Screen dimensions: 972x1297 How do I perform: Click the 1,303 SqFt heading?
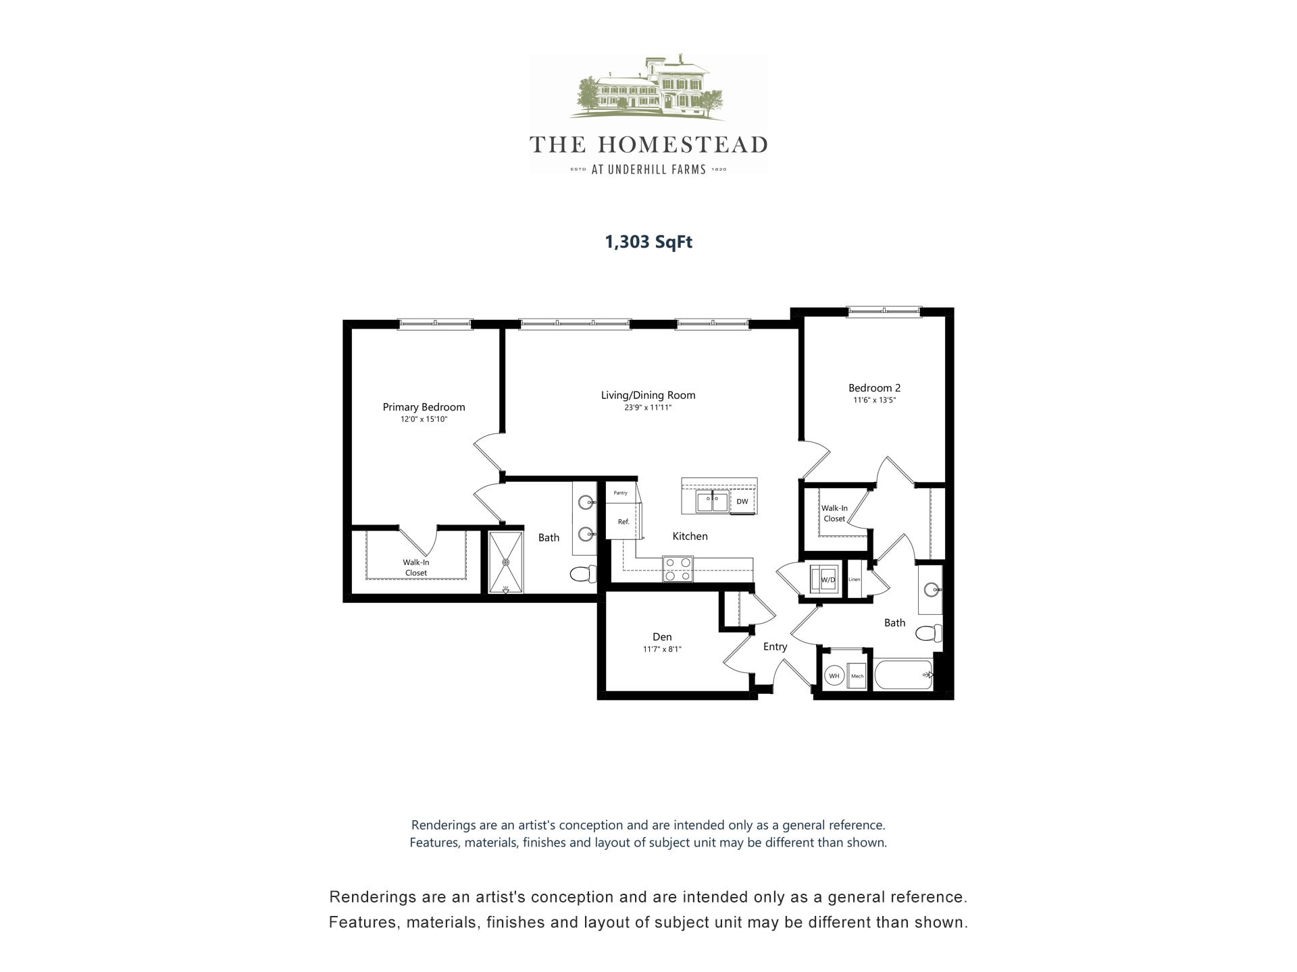pos(648,242)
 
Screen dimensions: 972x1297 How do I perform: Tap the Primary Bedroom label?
pos(424,407)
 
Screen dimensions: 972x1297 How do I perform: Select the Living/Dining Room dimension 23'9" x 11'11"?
pos(648,408)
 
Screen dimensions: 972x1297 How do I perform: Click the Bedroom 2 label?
pos(874,388)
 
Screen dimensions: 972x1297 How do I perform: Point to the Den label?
pos(662,637)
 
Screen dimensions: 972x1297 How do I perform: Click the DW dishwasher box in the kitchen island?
pos(742,502)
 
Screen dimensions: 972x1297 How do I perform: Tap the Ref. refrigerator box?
pos(624,522)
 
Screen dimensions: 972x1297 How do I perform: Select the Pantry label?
pos(620,493)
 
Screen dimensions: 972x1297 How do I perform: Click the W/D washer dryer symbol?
pos(828,579)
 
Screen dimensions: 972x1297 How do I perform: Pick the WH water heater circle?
pos(834,676)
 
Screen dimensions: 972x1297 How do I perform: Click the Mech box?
pos(857,676)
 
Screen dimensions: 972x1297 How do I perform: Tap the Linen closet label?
pos(855,579)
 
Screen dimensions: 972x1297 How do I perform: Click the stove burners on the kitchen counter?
pos(678,568)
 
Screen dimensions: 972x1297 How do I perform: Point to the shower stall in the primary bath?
pos(505,562)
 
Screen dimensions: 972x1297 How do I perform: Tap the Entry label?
pos(775,647)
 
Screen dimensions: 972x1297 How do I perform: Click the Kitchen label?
pos(690,537)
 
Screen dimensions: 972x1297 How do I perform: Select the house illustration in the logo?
pos(647,88)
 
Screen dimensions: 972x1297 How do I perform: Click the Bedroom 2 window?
pos(884,311)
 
